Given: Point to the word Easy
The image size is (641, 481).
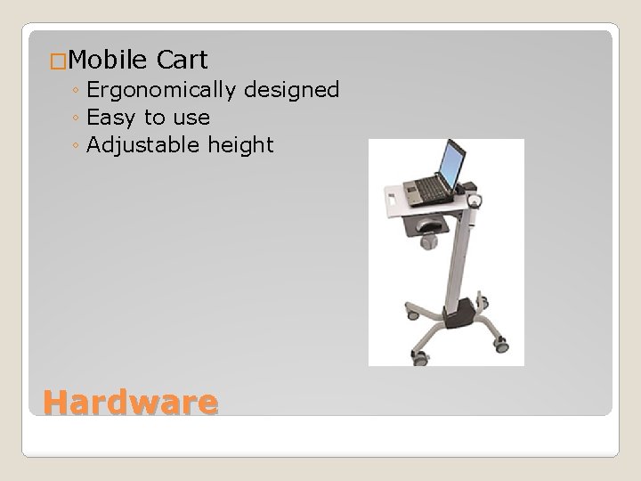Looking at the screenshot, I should click(112, 117).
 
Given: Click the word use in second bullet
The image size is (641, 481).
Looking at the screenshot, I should click(191, 117).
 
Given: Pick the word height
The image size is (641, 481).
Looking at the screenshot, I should click(242, 144).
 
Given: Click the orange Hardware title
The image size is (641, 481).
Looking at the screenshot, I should click(130, 404).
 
